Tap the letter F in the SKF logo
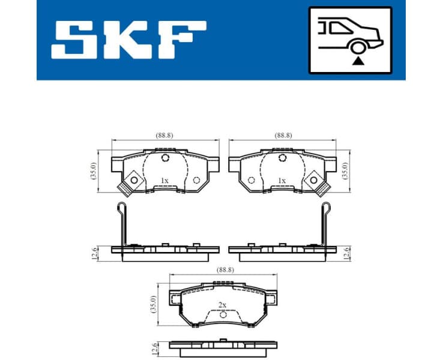pyautogui.click(x=179, y=41)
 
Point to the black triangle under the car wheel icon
pyautogui.click(x=358, y=61)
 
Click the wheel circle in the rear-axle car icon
pyautogui.click(x=358, y=47)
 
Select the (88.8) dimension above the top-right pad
pyautogui.click(x=283, y=136)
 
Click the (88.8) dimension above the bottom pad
pyautogui.click(x=223, y=271)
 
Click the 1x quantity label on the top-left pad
pyautogui.click(x=164, y=180)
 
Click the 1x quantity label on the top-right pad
pyautogui.click(x=282, y=180)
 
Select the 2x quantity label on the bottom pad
pyautogui.click(x=223, y=305)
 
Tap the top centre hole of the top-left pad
pyautogui.click(x=166, y=158)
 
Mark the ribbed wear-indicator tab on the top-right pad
pyautogui.click(x=323, y=190)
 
